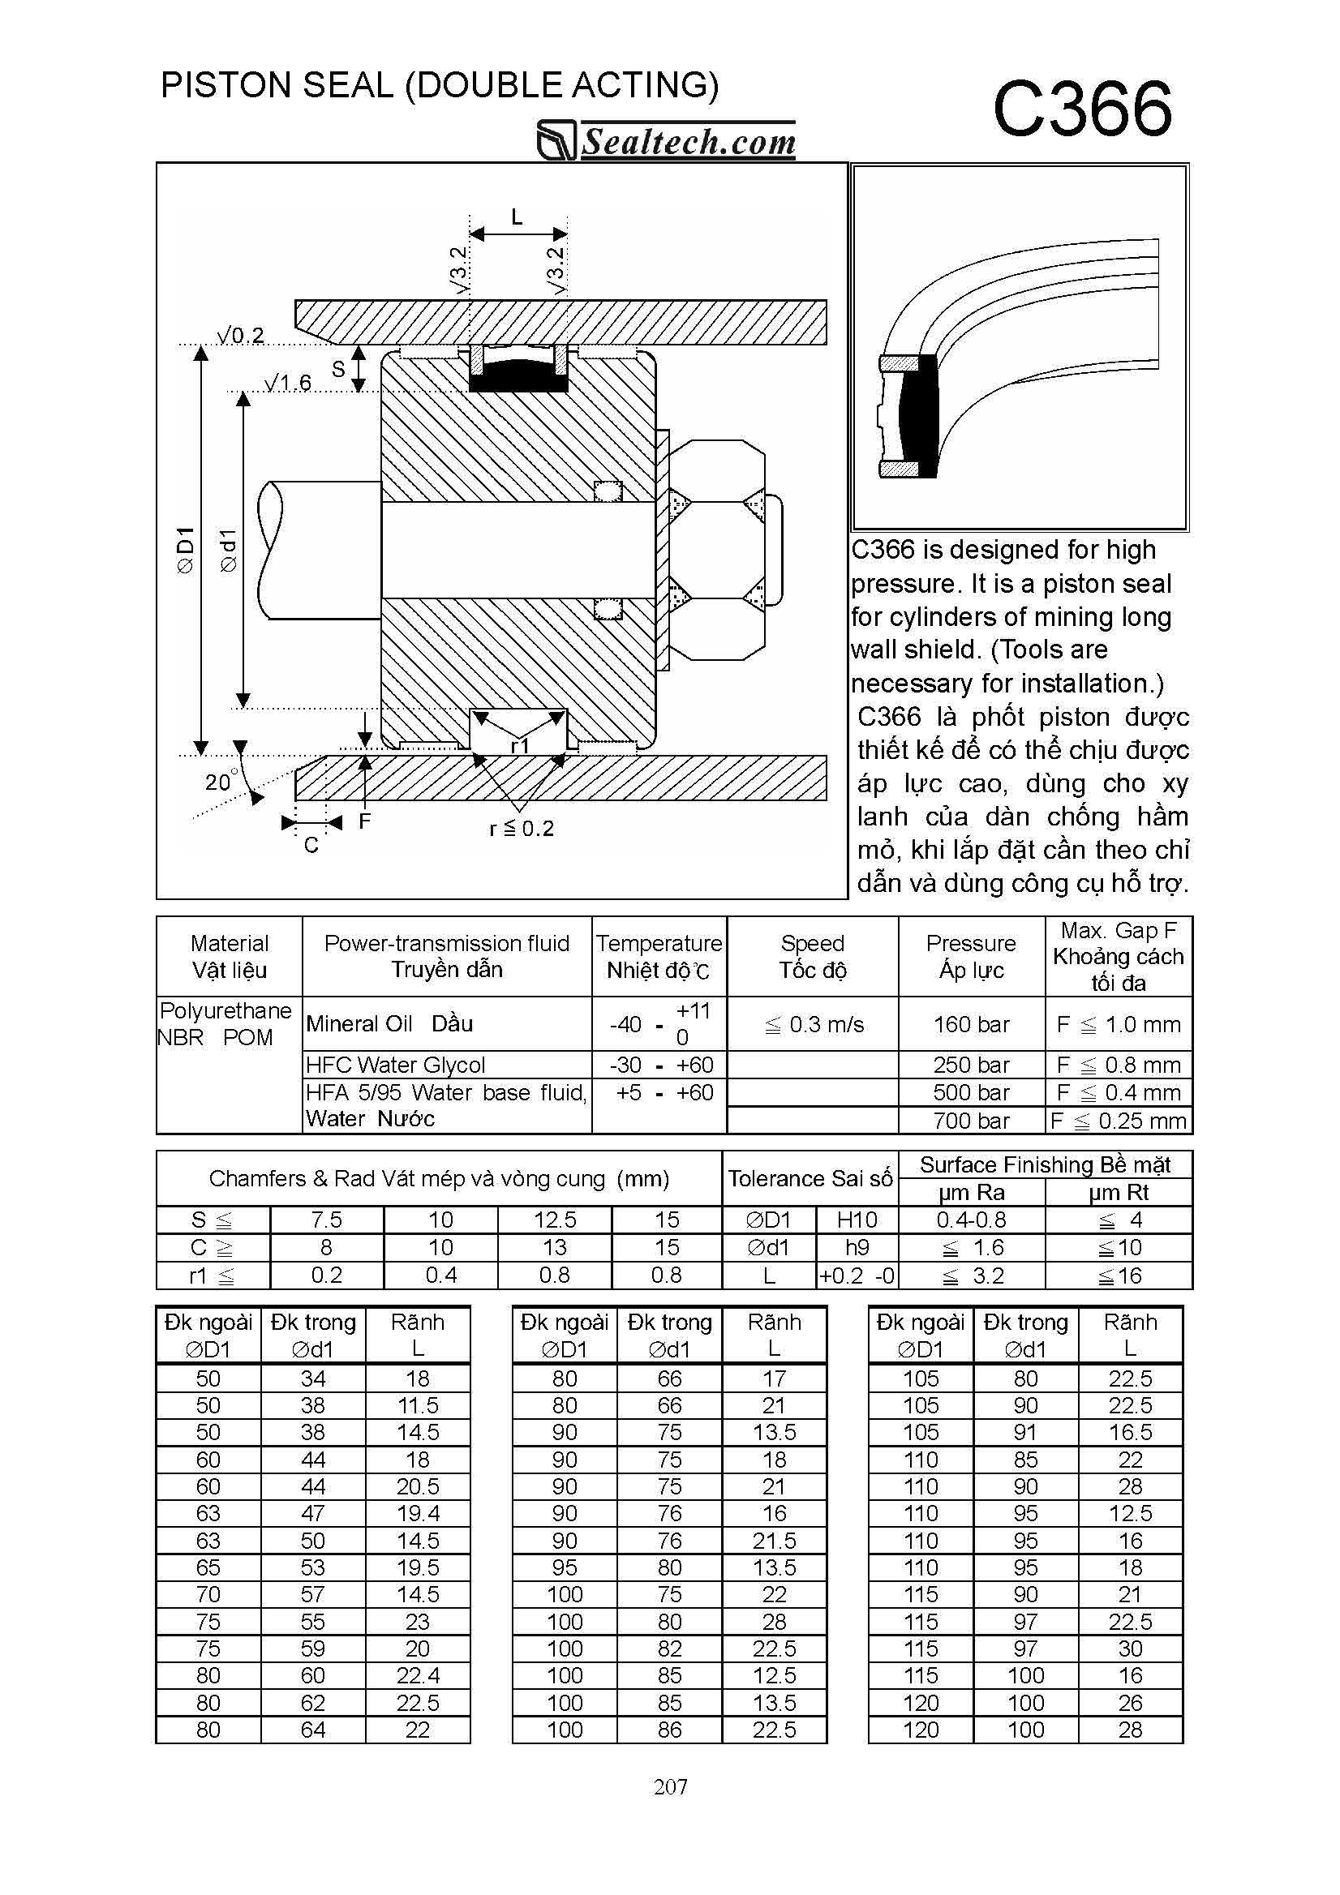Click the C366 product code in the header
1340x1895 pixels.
(x=1081, y=109)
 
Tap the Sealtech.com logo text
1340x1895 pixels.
(x=688, y=142)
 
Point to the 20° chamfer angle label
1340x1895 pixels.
(x=220, y=782)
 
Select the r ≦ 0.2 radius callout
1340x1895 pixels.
(x=522, y=829)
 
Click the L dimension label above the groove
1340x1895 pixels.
(x=517, y=217)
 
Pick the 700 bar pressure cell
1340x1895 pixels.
(x=971, y=1121)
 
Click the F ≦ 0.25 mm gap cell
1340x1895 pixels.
(x=1119, y=1121)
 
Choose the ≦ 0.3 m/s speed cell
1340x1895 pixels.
(x=814, y=1024)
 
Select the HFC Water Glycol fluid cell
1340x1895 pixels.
(x=396, y=1065)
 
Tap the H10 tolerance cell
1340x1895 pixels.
(x=857, y=1220)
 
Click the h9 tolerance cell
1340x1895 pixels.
(x=857, y=1247)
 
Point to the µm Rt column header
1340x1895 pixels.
(x=1119, y=1192)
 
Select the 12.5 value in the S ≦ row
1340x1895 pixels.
(x=555, y=1220)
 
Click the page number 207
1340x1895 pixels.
(x=671, y=1787)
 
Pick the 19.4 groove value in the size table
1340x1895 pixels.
(x=418, y=1513)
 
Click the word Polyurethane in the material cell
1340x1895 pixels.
(x=225, y=1011)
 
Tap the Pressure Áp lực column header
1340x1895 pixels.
(x=971, y=956)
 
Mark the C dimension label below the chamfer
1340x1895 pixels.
(x=311, y=845)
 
